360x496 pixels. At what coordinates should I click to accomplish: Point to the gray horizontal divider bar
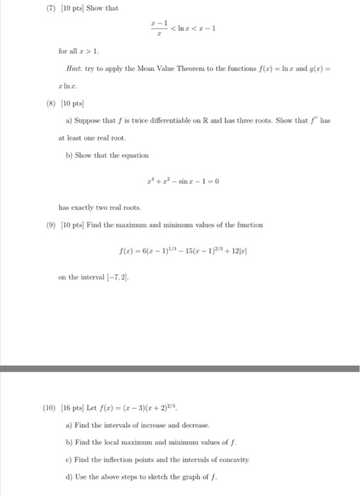pyautogui.click(x=180, y=368)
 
